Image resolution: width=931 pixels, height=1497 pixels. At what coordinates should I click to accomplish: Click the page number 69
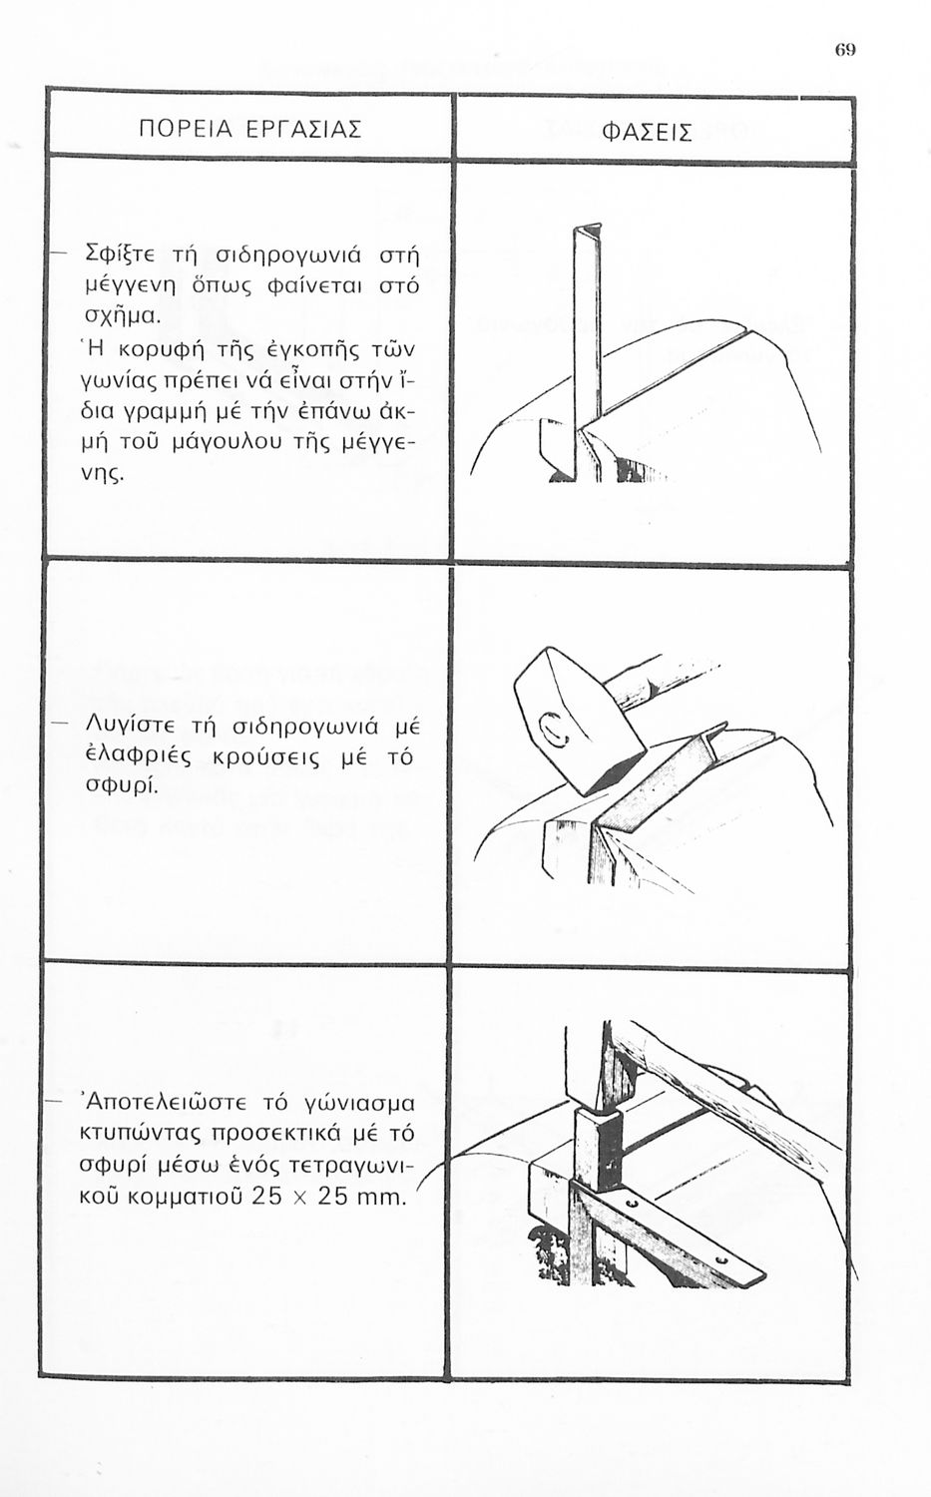[x=845, y=50]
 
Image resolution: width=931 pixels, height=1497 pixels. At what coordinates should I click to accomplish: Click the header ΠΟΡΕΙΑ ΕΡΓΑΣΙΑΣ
[x=250, y=129]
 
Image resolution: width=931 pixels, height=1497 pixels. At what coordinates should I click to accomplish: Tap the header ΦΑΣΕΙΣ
[x=647, y=134]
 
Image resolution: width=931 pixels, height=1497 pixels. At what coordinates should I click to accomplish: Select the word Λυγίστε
[x=133, y=727]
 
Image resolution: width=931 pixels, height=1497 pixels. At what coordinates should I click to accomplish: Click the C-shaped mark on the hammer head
[x=552, y=729]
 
